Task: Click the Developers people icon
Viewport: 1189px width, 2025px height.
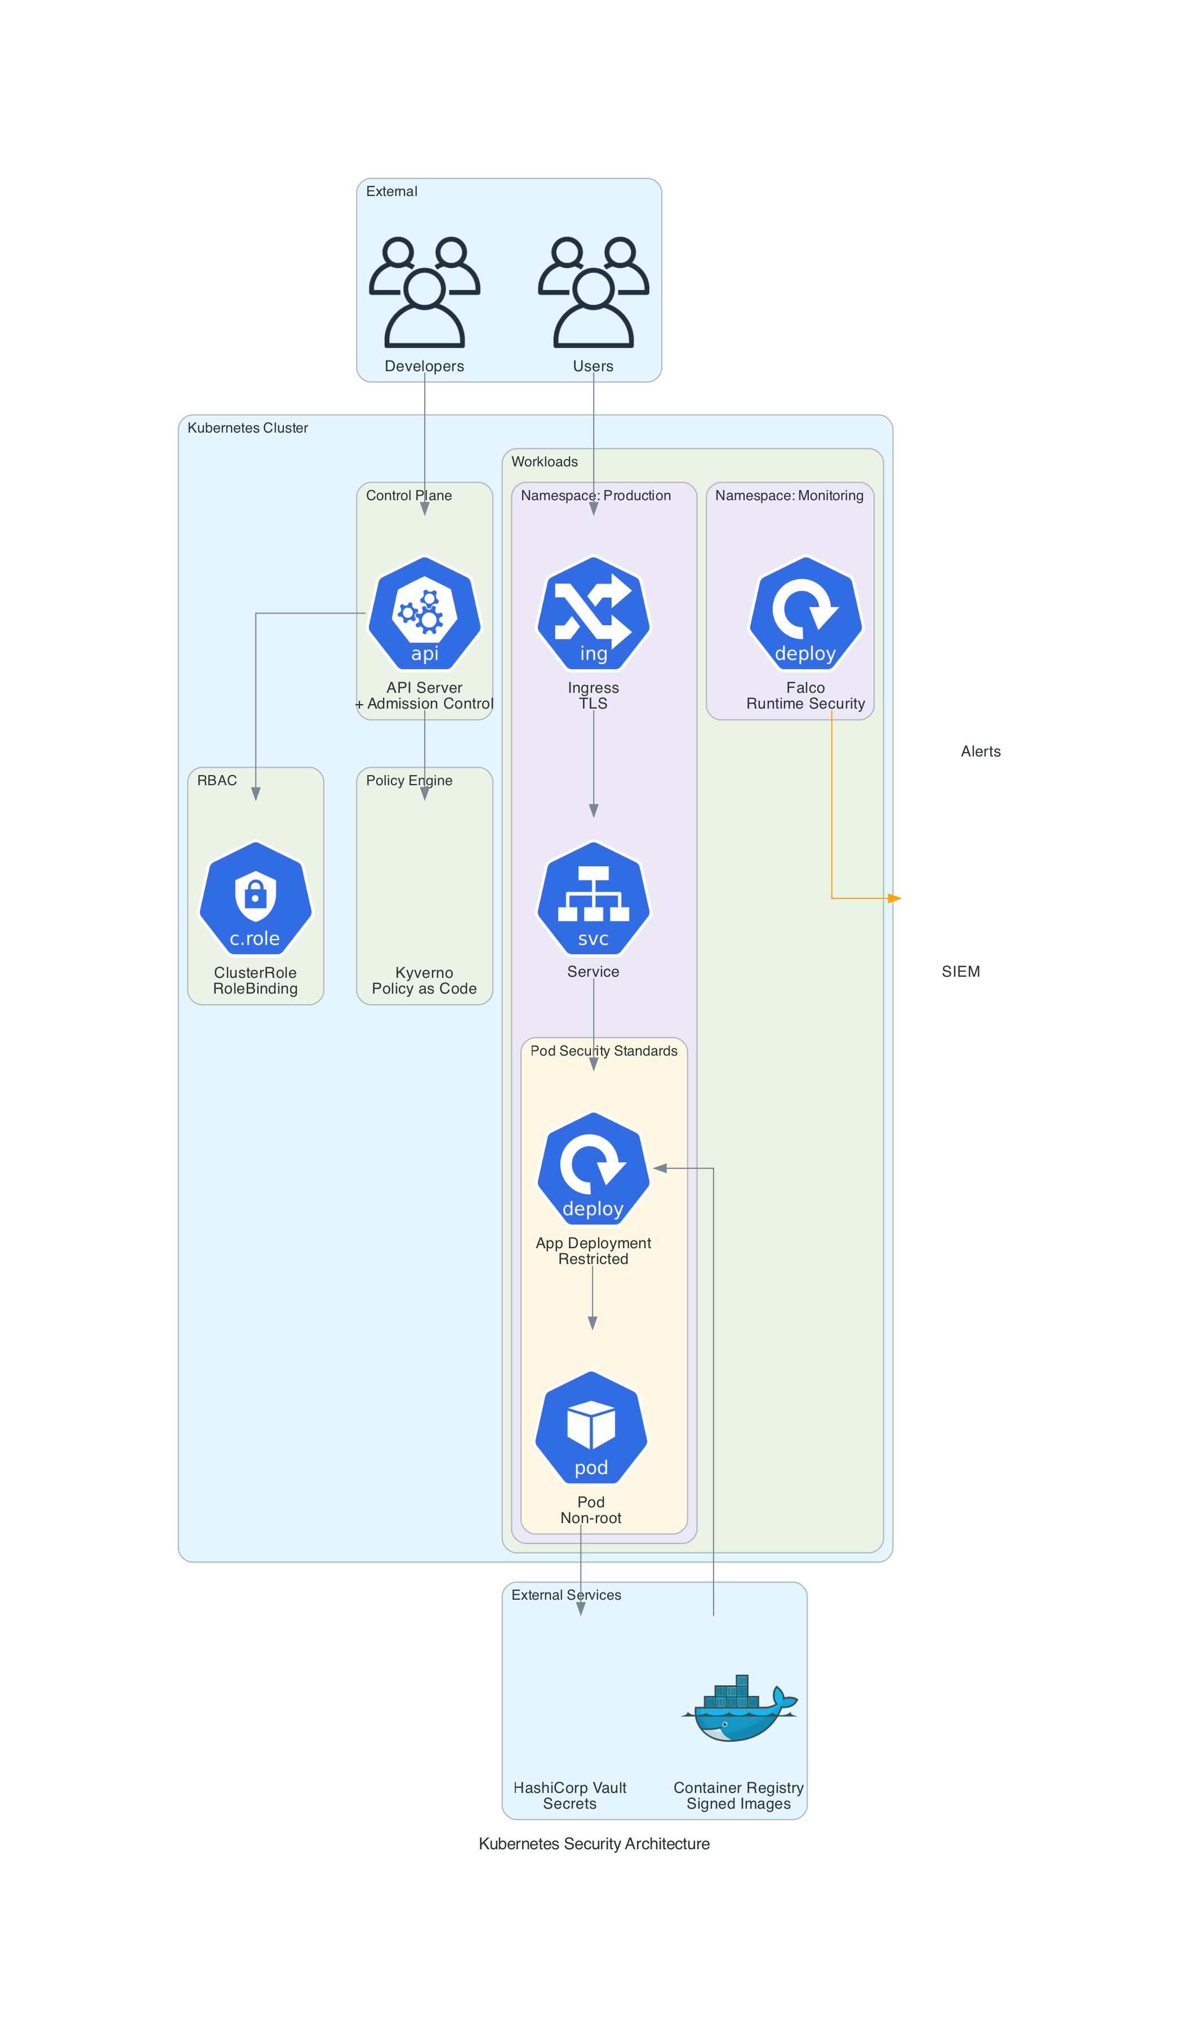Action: (x=424, y=292)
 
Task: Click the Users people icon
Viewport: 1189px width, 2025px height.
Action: (x=593, y=292)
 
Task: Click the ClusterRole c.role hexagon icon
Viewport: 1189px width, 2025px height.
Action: (x=256, y=898)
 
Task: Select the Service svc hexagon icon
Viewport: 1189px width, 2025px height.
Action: (x=593, y=898)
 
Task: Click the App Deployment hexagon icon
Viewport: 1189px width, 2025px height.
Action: (x=593, y=1169)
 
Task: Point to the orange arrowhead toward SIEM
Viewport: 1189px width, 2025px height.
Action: (x=894, y=898)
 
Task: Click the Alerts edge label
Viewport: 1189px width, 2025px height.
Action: (x=980, y=751)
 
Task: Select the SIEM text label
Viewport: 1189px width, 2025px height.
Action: (x=960, y=972)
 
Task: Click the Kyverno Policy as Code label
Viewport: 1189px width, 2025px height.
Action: (x=424, y=980)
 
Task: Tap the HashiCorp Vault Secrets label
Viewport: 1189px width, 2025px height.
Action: (x=569, y=1795)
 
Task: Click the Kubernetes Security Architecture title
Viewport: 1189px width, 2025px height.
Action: (x=594, y=1844)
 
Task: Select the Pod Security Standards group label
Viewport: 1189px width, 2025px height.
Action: (x=603, y=1051)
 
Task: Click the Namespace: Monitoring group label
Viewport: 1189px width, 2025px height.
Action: (x=789, y=496)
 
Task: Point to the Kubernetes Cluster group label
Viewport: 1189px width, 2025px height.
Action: (x=247, y=428)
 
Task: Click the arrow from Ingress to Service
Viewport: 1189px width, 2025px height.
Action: (x=594, y=763)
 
